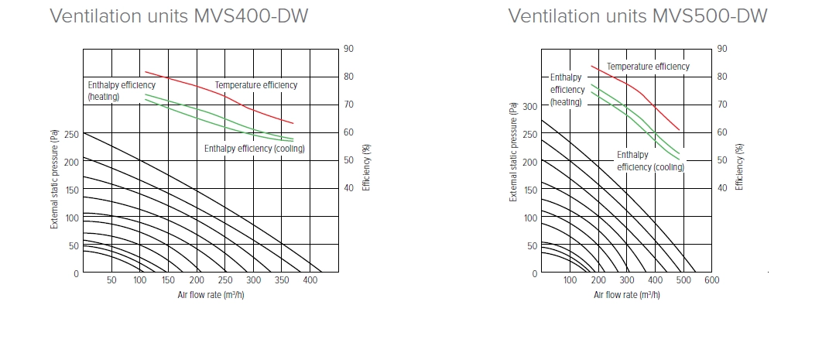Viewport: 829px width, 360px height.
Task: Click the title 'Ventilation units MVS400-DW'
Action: coord(179,16)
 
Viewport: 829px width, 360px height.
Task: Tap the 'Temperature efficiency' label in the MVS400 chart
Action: coord(255,85)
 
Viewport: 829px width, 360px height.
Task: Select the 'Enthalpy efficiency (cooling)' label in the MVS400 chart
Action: coord(254,149)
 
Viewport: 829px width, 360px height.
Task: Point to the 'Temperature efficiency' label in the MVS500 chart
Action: coord(648,67)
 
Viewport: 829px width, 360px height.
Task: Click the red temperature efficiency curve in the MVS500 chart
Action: coord(642,94)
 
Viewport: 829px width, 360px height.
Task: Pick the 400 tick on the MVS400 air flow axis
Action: coord(310,281)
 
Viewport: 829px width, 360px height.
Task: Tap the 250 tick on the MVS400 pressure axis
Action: coord(71,133)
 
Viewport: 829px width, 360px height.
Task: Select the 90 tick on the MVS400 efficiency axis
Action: coord(349,49)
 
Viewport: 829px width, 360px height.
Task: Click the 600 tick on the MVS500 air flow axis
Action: coord(712,281)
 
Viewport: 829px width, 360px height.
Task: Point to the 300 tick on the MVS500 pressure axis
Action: coord(530,105)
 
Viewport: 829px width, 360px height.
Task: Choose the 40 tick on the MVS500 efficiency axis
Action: coord(721,187)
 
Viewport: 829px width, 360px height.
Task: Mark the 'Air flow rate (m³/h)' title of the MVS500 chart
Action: coord(626,296)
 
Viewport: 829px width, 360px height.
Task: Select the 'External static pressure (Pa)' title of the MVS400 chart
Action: coord(55,180)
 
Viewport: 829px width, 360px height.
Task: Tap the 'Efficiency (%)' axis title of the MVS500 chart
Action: coord(739,166)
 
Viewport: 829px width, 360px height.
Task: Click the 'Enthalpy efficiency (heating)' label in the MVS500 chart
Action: coord(566,89)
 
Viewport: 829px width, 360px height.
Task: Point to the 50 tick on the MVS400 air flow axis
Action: coord(111,281)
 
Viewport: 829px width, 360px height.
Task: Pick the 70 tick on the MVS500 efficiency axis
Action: coord(721,104)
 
